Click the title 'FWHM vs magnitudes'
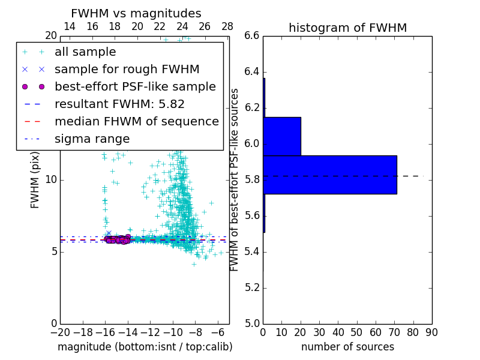click(136, 13)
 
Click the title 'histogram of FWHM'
click(347, 28)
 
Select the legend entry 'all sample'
click(85, 52)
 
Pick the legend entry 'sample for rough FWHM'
click(127, 70)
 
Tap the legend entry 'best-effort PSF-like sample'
click(135, 87)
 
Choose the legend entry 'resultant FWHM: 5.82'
click(119, 104)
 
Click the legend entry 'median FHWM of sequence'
click(136, 122)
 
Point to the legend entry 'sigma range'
click(92, 139)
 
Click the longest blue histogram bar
click(329, 175)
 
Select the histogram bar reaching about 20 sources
click(282, 136)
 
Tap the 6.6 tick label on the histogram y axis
click(252, 36)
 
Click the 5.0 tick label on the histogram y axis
click(252, 323)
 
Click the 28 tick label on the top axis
click(227, 26)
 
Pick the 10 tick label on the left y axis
click(50, 180)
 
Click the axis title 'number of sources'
click(347, 347)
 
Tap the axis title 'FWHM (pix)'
click(35, 179)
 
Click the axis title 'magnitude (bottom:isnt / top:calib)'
click(145, 347)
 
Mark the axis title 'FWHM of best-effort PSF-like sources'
click(235, 179)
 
